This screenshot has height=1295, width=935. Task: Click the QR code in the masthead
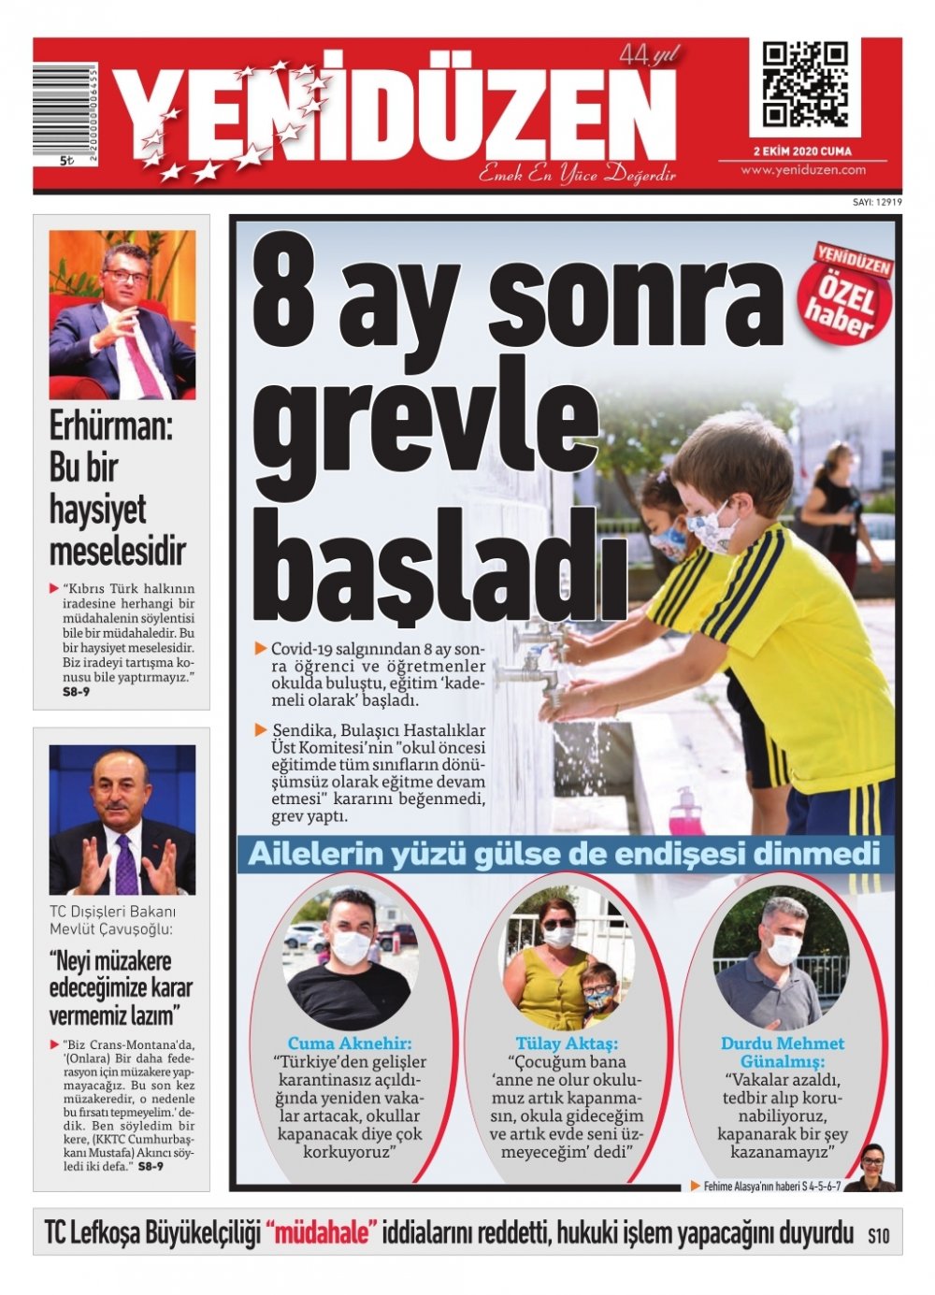(804, 86)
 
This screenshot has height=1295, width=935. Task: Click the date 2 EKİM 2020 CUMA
(802, 151)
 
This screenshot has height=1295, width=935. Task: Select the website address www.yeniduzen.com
(802, 170)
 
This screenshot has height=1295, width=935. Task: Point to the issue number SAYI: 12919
(876, 202)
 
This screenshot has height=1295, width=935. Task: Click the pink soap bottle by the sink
(685, 811)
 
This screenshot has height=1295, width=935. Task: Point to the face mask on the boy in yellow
(712, 528)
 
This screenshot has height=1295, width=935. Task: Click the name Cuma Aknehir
(350, 1043)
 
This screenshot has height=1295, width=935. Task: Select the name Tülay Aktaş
(567, 1043)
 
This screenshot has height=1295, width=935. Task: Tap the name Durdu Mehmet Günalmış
(783, 1053)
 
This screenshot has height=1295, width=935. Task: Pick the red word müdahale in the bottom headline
(324, 1233)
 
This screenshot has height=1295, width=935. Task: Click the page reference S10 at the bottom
(878, 1236)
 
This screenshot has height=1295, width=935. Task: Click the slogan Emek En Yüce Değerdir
(577, 174)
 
